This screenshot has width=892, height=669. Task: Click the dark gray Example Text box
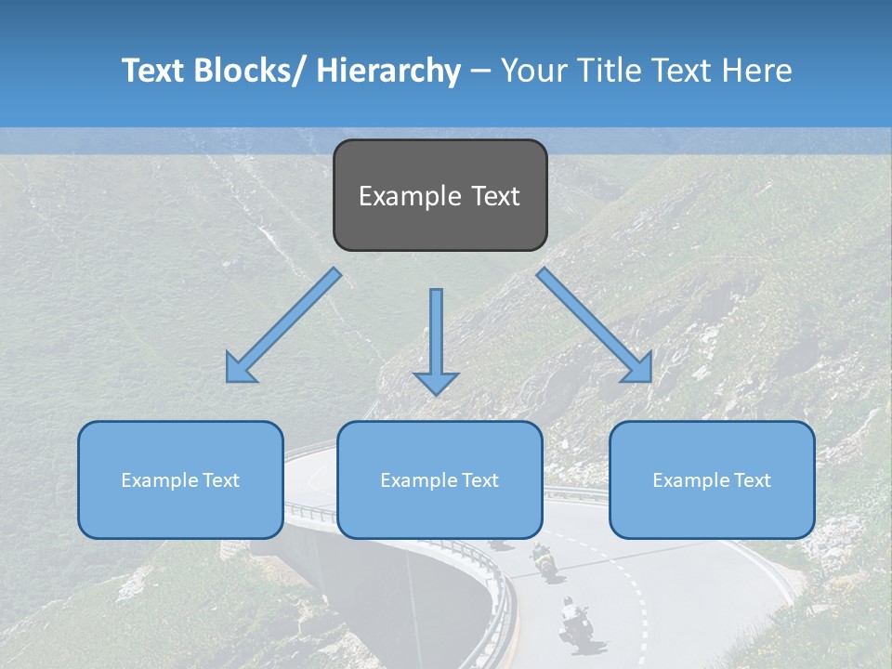tap(439, 195)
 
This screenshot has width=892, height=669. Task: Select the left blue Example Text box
tap(180, 479)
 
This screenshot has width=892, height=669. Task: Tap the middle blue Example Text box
tap(439, 479)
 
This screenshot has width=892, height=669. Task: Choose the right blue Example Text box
tap(712, 479)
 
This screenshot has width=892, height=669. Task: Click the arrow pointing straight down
tap(436, 340)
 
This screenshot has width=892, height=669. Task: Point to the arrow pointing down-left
tap(282, 325)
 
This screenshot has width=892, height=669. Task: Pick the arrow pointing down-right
tap(595, 325)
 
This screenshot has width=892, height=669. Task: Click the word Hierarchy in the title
tap(388, 71)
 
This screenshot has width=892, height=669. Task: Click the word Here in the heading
tap(757, 71)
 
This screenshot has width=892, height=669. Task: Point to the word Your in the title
tap(532, 71)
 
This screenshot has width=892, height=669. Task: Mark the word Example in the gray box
tap(410, 196)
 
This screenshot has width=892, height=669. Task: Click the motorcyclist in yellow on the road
tap(541, 559)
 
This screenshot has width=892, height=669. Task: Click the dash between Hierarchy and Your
tap(480, 71)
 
